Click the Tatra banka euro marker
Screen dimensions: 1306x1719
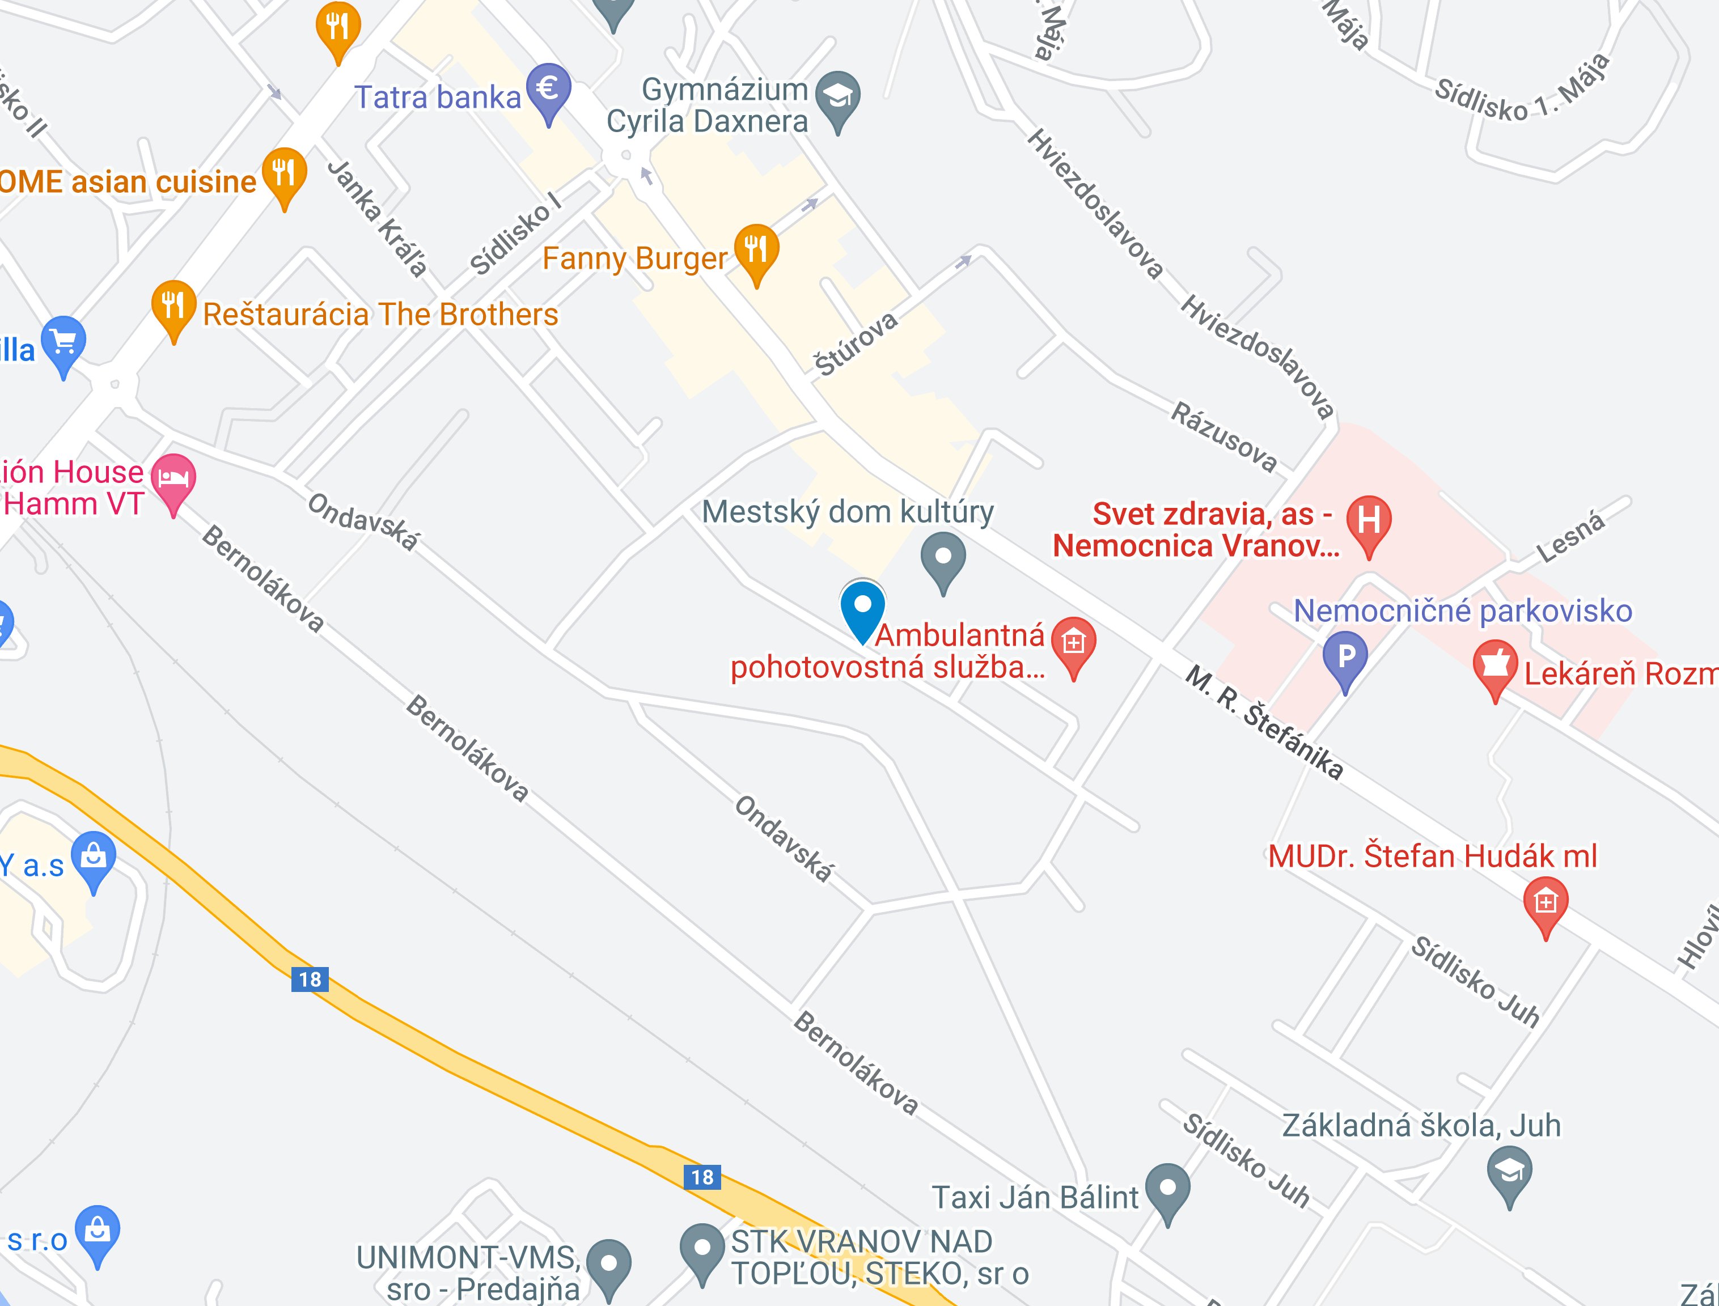[548, 90]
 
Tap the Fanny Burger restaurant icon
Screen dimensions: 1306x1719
[756, 251]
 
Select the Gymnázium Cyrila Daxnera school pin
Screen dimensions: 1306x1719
[837, 98]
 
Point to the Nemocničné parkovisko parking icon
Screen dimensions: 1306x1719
[1345, 659]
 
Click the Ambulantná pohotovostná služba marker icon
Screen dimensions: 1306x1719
[1073, 644]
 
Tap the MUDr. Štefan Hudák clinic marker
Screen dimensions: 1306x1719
[1546, 904]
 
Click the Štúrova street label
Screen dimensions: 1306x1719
[855, 344]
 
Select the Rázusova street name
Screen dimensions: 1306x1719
[1223, 438]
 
